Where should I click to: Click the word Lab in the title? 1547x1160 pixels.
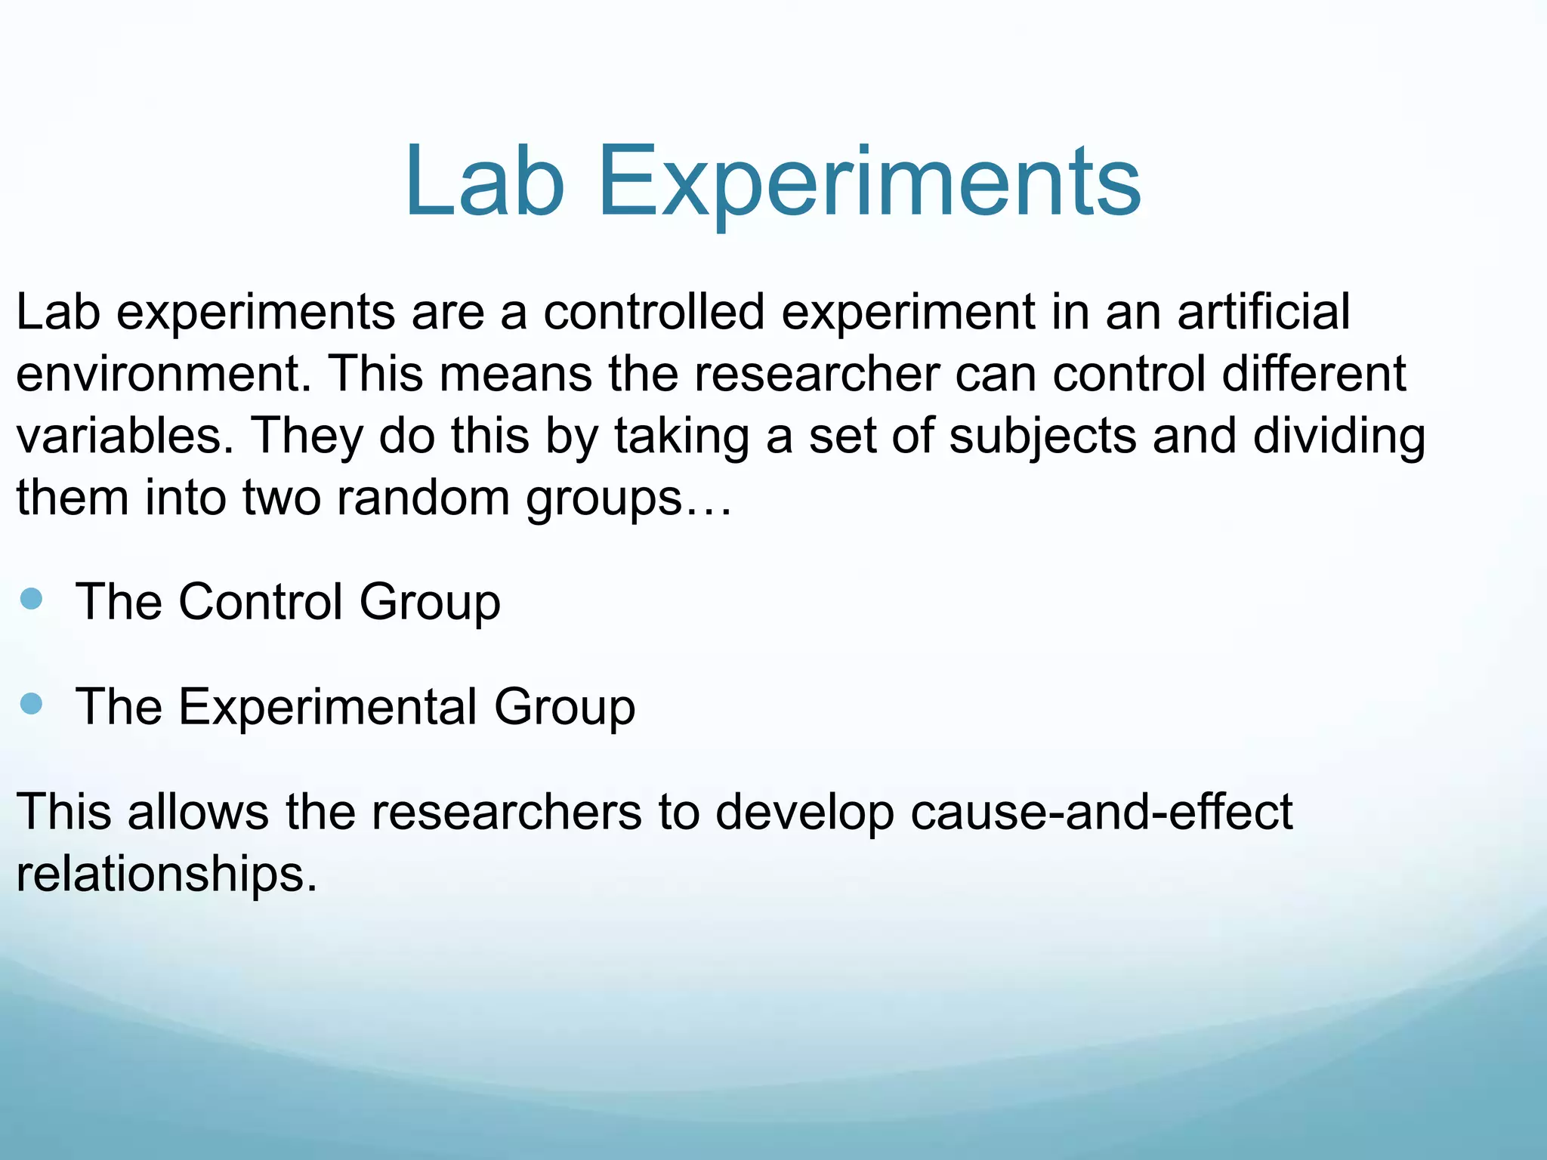(x=484, y=182)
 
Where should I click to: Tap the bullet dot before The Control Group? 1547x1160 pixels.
(x=32, y=600)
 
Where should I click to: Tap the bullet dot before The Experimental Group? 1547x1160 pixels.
(x=32, y=705)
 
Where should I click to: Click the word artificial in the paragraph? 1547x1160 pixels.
(x=1263, y=311)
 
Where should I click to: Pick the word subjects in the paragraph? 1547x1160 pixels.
(x=1042, y=436)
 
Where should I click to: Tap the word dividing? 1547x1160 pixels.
(x=1339, y=436)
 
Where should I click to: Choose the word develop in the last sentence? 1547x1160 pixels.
(x=804, y=812)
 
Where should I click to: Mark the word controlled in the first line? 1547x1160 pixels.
(x=653, y=311)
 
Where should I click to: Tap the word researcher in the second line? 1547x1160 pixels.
(x=817, y=373)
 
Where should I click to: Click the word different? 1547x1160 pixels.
(x=1314, y=373)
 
